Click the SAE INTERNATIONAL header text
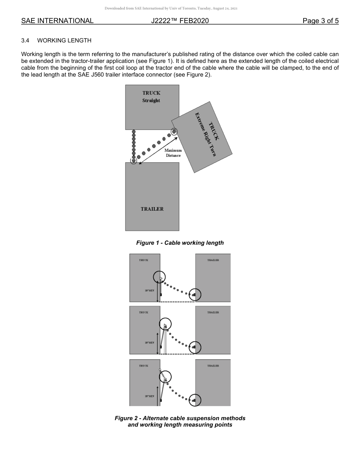point(57,21)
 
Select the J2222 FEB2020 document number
point(180,21)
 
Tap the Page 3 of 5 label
point(320,21)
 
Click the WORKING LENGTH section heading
point(64,40)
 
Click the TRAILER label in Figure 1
point(152,209)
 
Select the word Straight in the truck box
point(151,101)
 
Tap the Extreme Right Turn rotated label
point(205,134)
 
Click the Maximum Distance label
point(173,153)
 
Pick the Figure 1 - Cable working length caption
point(180,243)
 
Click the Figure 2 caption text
point(180,421)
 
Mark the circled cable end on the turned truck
point(174,131)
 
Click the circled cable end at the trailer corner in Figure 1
point(133,161)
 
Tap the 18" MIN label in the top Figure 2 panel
point(149,291)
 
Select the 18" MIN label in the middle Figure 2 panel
point(149,343)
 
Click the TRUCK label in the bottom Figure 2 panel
point(144,366)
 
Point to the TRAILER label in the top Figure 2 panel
point(213,260)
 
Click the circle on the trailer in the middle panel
point(195,347)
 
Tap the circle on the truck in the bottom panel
point(165,377)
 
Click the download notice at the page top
point(171,8)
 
